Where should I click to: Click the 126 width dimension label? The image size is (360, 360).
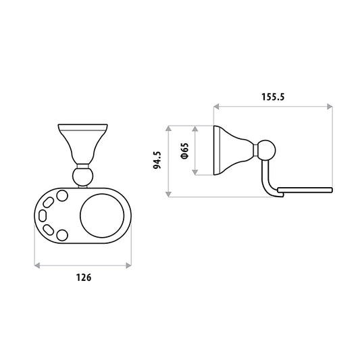point(84,278)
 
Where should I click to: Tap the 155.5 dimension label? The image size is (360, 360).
point(273,97)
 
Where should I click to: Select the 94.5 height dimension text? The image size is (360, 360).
point(157,160)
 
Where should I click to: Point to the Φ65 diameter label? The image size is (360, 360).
point(185,151)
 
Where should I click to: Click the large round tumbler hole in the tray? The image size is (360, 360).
point(102,216)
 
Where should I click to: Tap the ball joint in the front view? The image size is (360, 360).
point(82,176)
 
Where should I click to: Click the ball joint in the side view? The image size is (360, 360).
point(267,151)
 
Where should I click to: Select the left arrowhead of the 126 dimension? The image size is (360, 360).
point(37,265)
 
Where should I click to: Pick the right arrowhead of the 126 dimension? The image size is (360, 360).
point(128,265)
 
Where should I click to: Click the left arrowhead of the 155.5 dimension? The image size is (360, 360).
point(216,107)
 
